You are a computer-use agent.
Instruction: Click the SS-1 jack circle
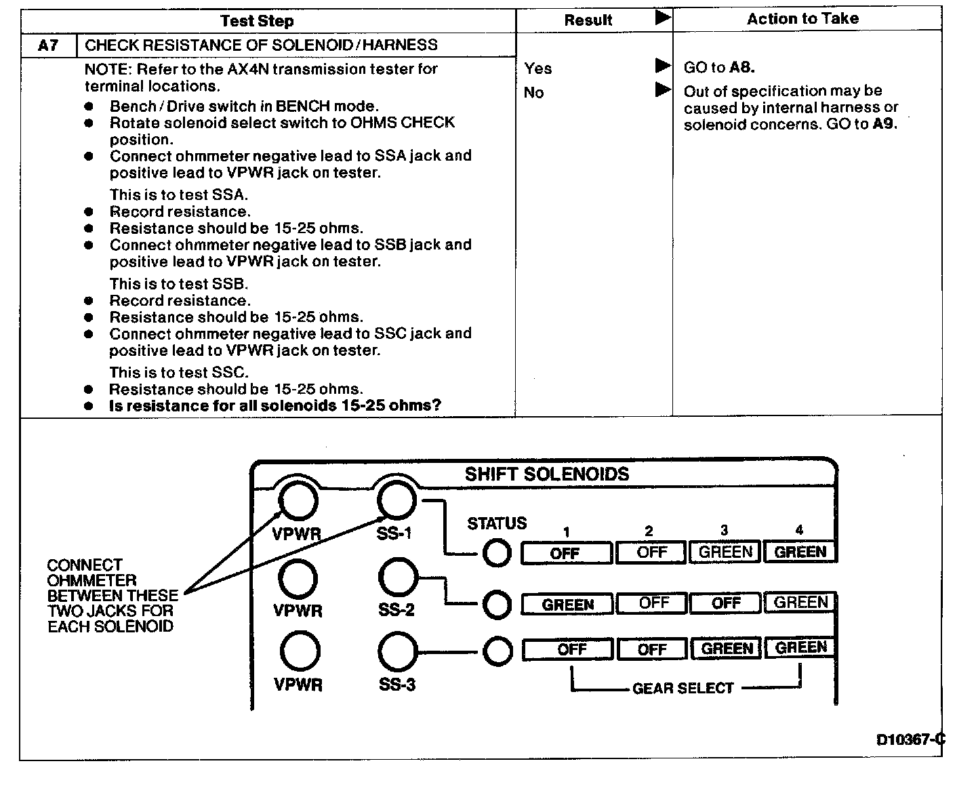tap(396, 501)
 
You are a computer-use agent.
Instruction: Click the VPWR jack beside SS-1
tap(298, 501)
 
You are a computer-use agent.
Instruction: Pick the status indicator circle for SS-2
tap(497, 605)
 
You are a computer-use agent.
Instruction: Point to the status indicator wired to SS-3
tap(497, 651)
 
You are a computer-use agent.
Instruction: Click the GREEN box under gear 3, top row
tap(725, 552)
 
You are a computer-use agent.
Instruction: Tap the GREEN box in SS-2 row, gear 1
tap(567, 605)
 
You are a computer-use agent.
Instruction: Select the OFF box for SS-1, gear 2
tap(651, 552)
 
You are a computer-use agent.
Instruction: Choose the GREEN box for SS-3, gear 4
tap(800, 649)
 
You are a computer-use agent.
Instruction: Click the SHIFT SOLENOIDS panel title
tap(547, 474)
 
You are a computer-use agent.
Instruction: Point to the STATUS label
tap(497, 523)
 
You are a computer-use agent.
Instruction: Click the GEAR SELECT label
tap(683, 689)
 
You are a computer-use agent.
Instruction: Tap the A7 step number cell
tap(48, 45)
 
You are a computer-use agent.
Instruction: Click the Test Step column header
tap(257, 21)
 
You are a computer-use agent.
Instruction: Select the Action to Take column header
tap(802, 19)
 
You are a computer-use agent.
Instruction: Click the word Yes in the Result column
tap(538, 68)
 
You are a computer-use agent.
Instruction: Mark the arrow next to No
tap(663, 89)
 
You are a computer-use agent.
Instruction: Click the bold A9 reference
tap(884, 124)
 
